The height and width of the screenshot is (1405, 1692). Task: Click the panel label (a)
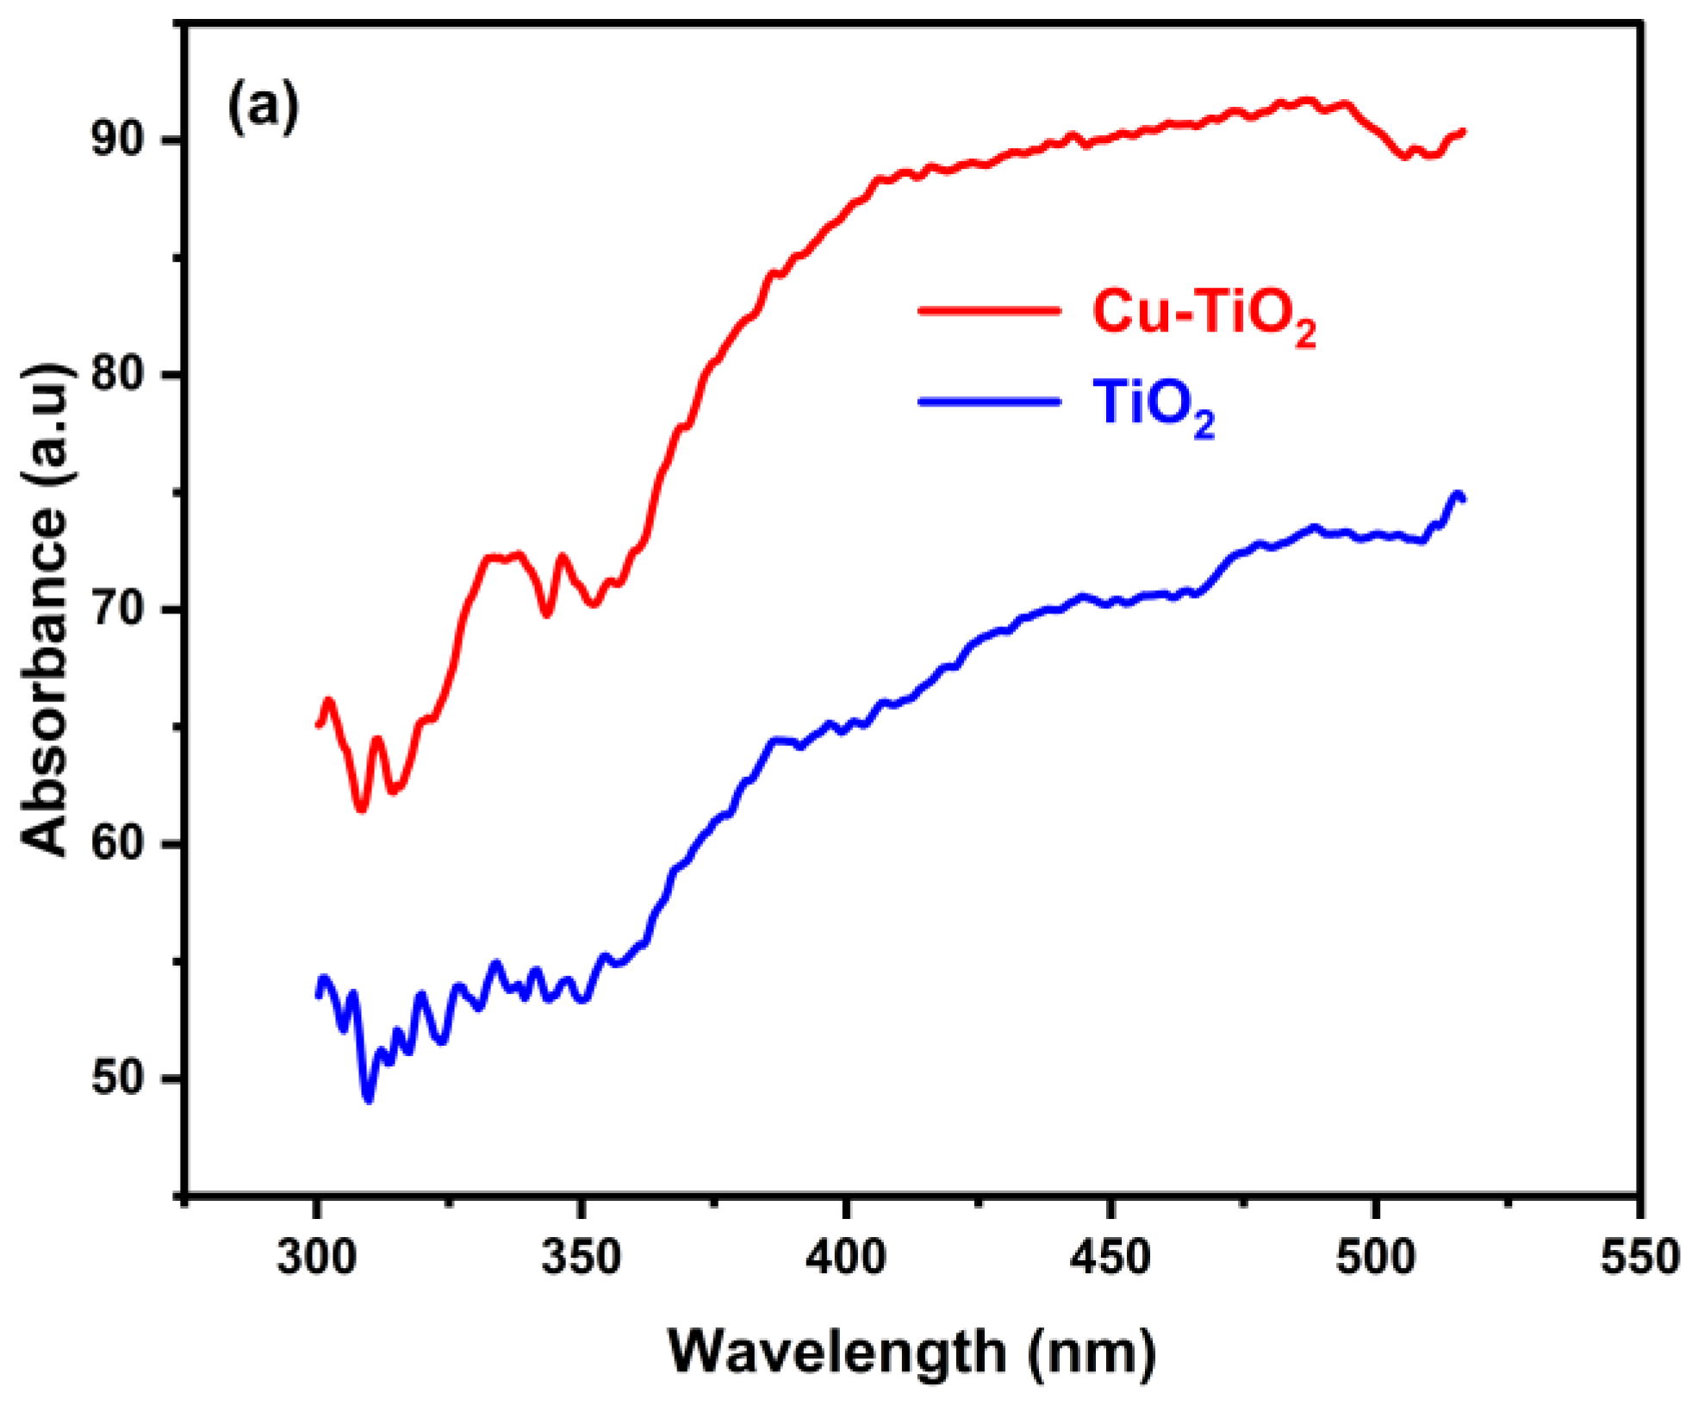tap(263, 107)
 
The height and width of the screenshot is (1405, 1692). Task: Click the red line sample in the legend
tap(989, 309)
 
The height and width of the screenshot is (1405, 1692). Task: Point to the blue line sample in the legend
tap(989, 401)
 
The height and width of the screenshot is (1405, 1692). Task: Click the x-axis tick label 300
tap(316, 1257)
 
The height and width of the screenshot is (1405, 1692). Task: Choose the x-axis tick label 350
tap(582, 1257)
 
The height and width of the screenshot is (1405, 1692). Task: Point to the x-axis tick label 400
tap(846, 1257)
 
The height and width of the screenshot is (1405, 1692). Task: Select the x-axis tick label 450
tap(1110, 1257)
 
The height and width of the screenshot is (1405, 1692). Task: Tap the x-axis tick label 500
tap(1375, 1257)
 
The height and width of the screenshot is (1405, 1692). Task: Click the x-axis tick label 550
tap(1639, 1257)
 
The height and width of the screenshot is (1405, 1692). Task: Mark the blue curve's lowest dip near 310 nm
tap(369, 1099)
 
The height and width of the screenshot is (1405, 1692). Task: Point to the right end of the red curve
tap(1462, 132)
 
